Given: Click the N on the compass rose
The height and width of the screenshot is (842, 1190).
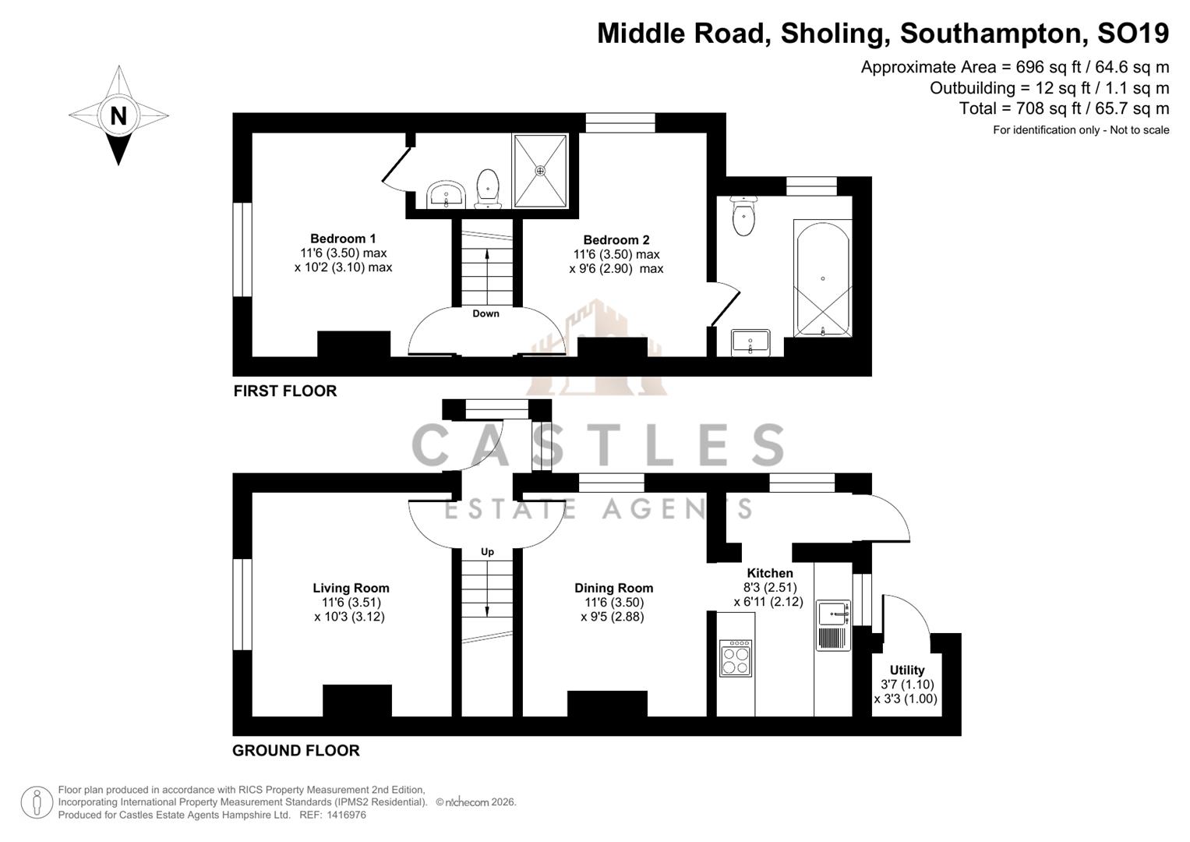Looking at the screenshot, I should click(x=118, y=116).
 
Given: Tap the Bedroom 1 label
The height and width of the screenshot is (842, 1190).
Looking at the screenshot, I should click(x=343, y=239).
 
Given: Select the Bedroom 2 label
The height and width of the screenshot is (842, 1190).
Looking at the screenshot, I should click(x=616, y=240).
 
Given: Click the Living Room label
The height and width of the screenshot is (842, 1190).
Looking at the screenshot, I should click(x=351, y=589).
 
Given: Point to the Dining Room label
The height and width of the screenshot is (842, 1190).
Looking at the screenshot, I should click(x=613, y=589).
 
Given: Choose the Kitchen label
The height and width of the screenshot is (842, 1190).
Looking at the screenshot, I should click(x=769, y=574).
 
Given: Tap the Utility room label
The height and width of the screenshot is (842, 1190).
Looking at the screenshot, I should click(x=906, y=670).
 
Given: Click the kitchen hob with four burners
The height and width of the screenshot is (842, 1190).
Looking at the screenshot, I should click(x=736, y=658).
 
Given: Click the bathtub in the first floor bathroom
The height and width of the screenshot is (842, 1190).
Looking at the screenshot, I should click(x=822, y=278).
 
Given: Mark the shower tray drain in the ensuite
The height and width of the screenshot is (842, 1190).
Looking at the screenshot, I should click(x=540, y=170).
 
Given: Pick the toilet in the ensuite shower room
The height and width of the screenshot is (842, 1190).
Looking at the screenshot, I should click(x=489, y=189).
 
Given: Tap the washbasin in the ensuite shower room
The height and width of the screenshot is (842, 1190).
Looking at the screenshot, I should click(x=446, y=193).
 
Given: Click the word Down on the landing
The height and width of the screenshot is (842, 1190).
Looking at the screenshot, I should click(x=486, y=314).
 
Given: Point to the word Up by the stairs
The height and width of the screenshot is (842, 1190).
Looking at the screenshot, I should click(x=487, y=552).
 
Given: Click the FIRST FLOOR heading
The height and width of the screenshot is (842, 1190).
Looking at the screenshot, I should click(x=285, y=391).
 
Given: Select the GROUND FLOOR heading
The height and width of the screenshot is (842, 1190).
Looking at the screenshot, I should click(x=296, y=751).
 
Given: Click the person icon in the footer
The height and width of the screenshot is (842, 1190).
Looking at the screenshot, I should click(x=37, y=802).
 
